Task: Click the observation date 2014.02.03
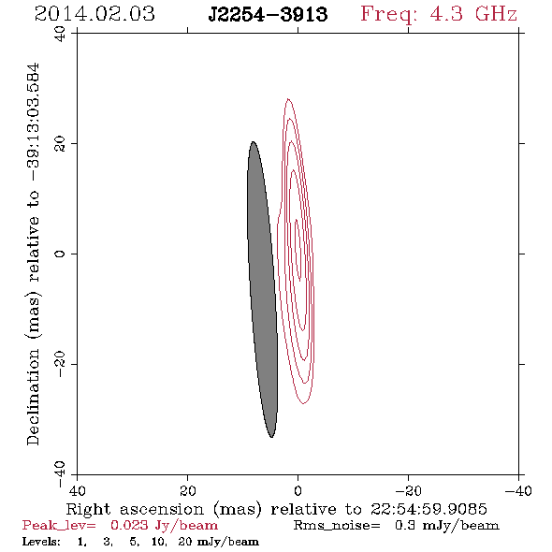[x=94, y=14]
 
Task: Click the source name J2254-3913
[x=268, y=15]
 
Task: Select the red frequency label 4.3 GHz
[x=473, y=14]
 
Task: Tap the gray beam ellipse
[x=262, y=289]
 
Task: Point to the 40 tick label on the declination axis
[x=60, y=34]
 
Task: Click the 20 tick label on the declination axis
[x=60, y=144]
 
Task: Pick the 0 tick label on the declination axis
[x=60, y=254]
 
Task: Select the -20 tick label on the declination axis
[x=60, y=364]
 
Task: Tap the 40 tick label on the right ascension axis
[x=77, y=491]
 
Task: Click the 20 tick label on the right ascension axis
[x=188, y=491]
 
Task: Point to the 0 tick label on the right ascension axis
[x=298, y=491]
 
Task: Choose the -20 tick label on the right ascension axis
[x=408, y=491]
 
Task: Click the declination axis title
[x=33, y=254]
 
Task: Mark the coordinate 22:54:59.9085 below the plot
[x=429, y=509]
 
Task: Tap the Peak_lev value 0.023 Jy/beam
[x=164, y=526]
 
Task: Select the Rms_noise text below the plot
[x=337, y=526]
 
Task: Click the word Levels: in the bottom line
[x=41, y=542]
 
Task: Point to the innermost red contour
[x=298, y=250]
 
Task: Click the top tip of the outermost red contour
[x=288, y=98]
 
